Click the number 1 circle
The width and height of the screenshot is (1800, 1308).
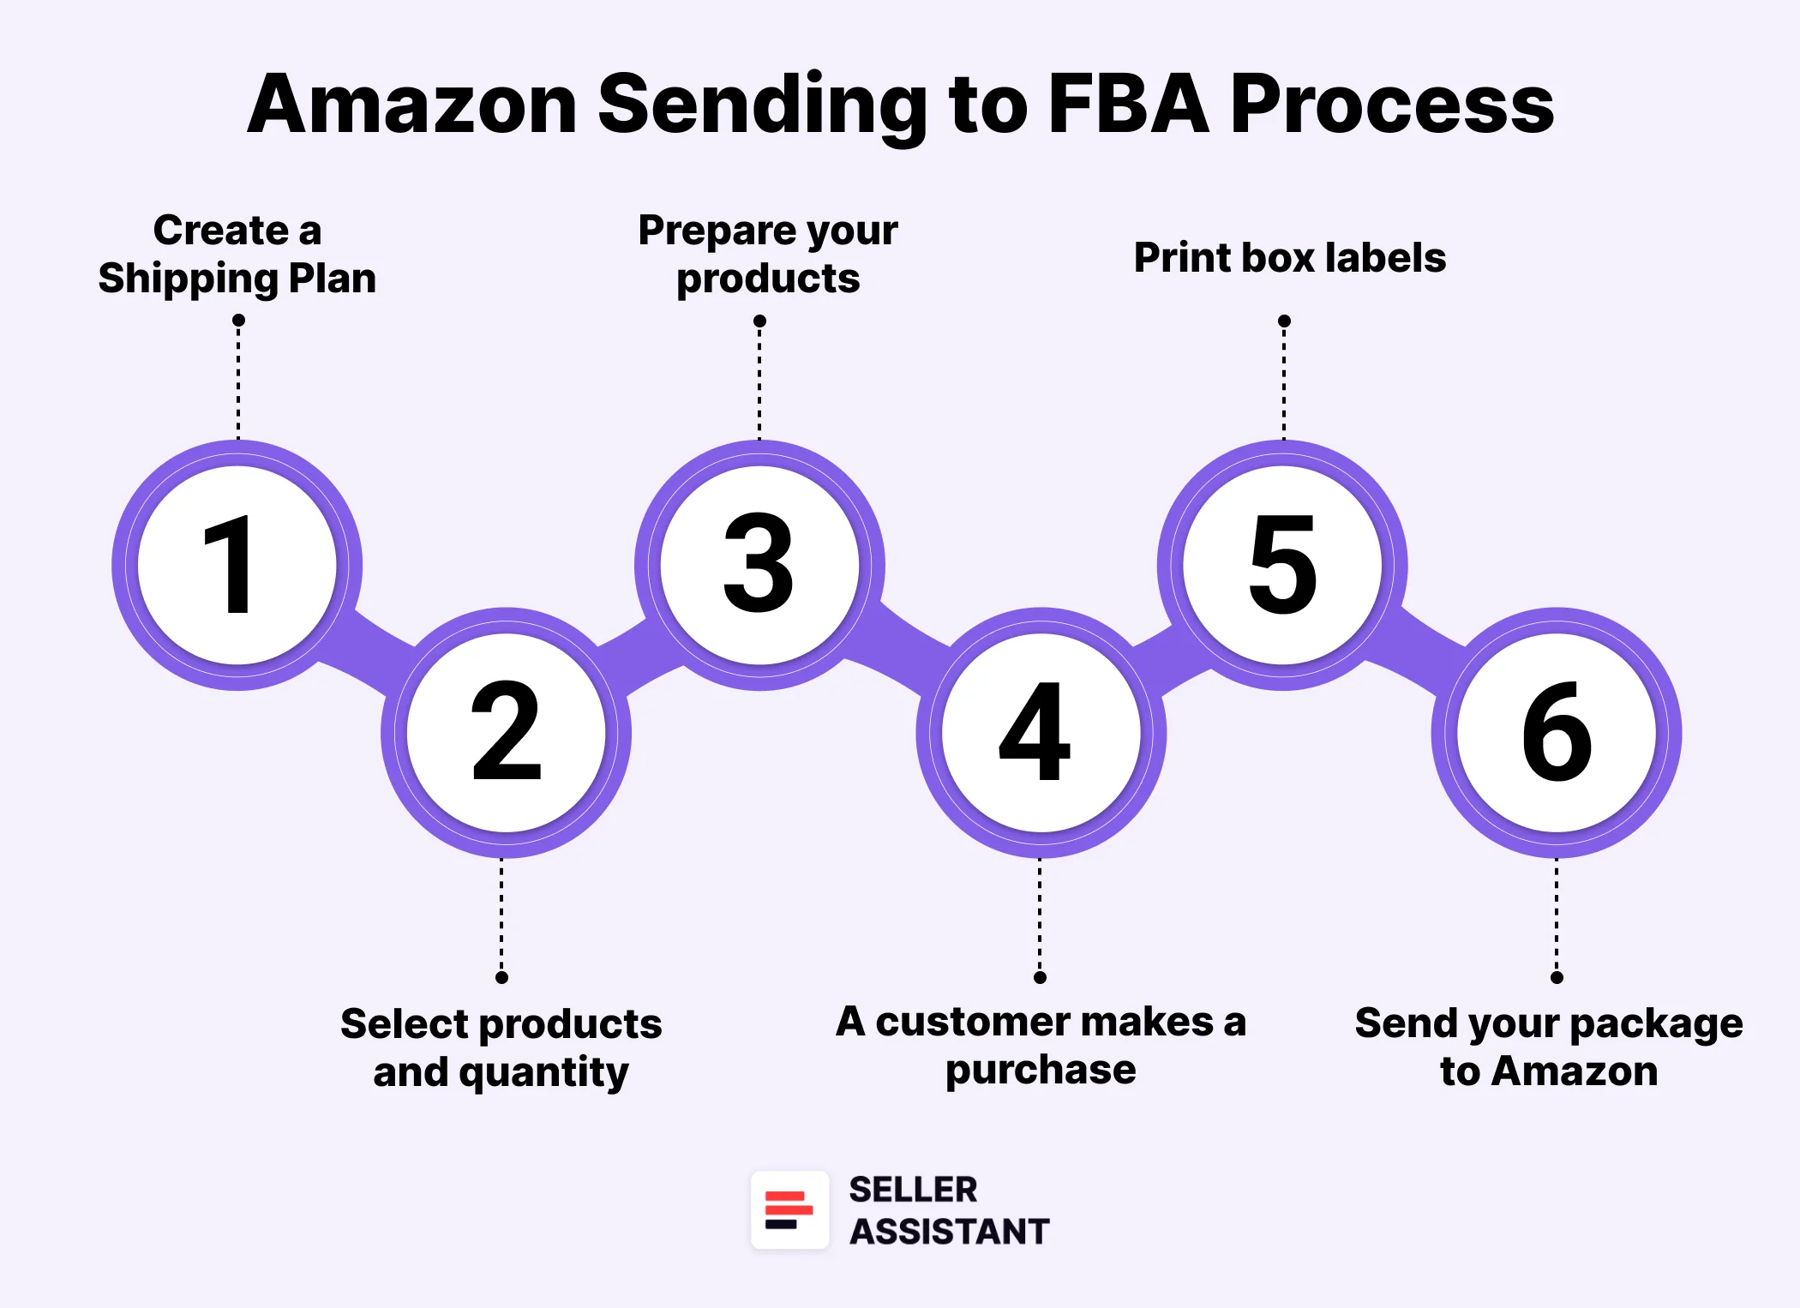click(237, 565)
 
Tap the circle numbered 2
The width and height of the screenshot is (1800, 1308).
click(506, 733)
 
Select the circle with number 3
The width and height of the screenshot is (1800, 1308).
click(759, 565)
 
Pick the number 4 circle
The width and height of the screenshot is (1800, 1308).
click(1040, 733)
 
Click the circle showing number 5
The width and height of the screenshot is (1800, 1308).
click(1282, 565)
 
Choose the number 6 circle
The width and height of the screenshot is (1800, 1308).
click(1556, 733)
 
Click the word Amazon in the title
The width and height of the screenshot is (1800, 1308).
click(412, 105)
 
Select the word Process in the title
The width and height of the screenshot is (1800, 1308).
click(1391, 105)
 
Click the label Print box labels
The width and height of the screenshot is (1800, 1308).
click(1289, 257)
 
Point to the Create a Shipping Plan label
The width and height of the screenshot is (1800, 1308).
click(237, 255)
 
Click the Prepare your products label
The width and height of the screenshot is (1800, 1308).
click(768, 255)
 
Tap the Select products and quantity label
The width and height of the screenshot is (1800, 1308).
click(501, 1047)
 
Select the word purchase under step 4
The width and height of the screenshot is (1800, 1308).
click(1041, 1071)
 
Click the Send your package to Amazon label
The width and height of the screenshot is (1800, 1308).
click(1549, 1047)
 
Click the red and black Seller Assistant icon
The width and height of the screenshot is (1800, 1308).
click(789, 1209)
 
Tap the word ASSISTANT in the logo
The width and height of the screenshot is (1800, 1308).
click(949, 1232)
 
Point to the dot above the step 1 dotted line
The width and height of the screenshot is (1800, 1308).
click(238, 320)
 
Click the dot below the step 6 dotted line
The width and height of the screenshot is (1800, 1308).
click(1557, 977)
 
